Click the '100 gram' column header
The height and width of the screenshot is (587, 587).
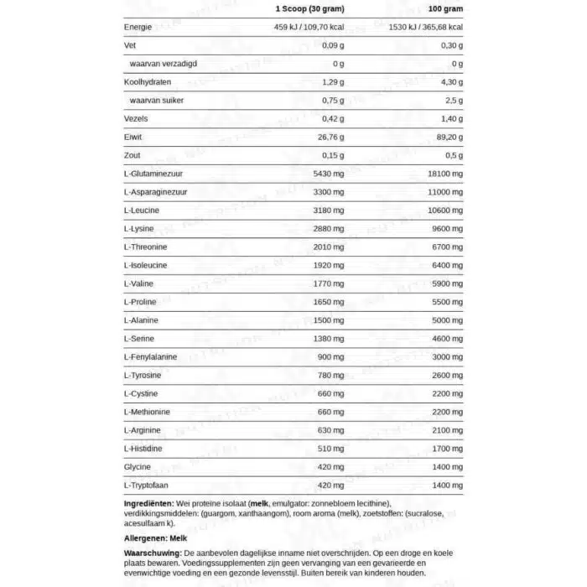click(441, 8)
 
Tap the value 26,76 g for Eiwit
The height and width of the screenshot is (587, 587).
click(330, 138)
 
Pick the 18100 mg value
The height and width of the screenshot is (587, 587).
click(444, 174)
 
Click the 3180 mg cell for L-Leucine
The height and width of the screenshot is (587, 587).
click(328, 210)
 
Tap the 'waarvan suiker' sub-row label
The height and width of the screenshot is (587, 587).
click(157, 101)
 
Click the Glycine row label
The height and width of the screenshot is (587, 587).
click(137, 466)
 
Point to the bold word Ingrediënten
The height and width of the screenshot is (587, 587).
click(150, 503)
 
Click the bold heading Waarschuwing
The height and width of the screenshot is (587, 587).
click(153, 554)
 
